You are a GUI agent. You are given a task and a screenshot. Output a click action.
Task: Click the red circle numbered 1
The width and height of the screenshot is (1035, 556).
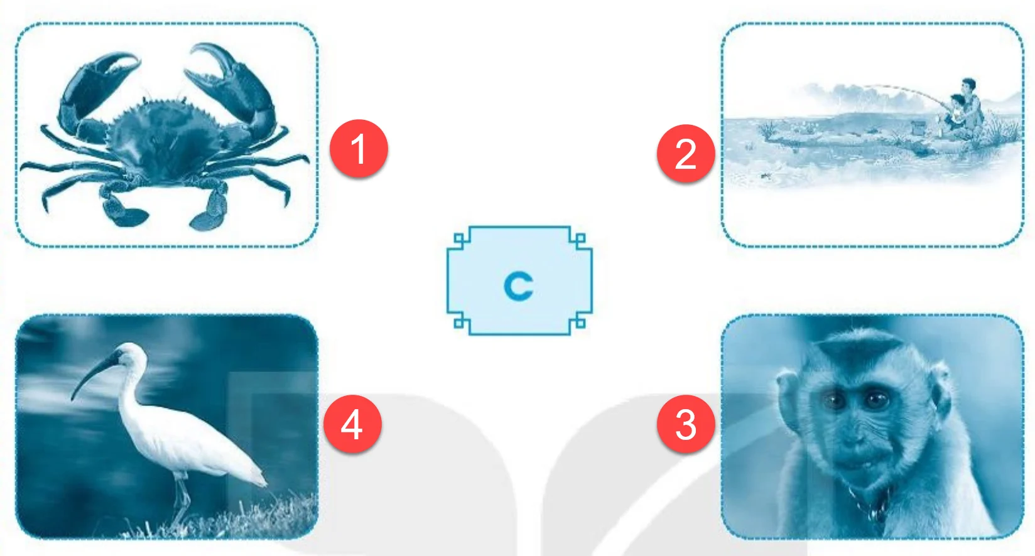359,149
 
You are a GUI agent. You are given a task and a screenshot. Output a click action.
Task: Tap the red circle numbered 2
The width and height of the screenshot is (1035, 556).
686,153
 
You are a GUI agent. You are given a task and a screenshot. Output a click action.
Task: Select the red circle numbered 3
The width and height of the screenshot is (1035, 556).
686,424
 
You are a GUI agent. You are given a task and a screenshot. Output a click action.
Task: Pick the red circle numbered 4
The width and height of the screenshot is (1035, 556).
352,424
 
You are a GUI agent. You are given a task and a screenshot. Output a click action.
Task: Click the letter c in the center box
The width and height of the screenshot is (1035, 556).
518,286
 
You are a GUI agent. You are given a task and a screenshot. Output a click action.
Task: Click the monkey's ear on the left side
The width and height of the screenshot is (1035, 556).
788,392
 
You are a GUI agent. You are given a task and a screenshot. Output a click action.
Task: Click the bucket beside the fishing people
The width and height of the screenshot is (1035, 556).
918,127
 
